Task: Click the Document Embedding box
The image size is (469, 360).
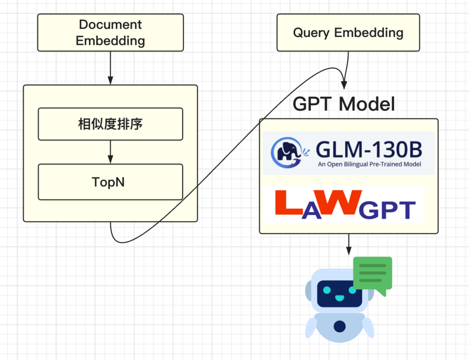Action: point(110,33)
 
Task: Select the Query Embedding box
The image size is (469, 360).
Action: point(348,33)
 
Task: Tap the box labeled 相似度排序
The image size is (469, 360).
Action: point(110,124)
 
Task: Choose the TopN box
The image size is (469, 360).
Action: point(110,182)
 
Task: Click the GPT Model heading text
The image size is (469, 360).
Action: point(344,104)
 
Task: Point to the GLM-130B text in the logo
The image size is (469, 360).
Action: point(369,150)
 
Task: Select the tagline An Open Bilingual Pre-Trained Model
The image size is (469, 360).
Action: point(369,165)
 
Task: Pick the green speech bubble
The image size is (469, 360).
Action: point(373,274)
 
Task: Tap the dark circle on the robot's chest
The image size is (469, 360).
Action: point(340,326)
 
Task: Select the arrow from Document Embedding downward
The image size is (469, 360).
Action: point(110,68)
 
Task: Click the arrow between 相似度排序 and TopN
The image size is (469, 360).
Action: point(110,152)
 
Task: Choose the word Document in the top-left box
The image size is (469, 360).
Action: point(110,25)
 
